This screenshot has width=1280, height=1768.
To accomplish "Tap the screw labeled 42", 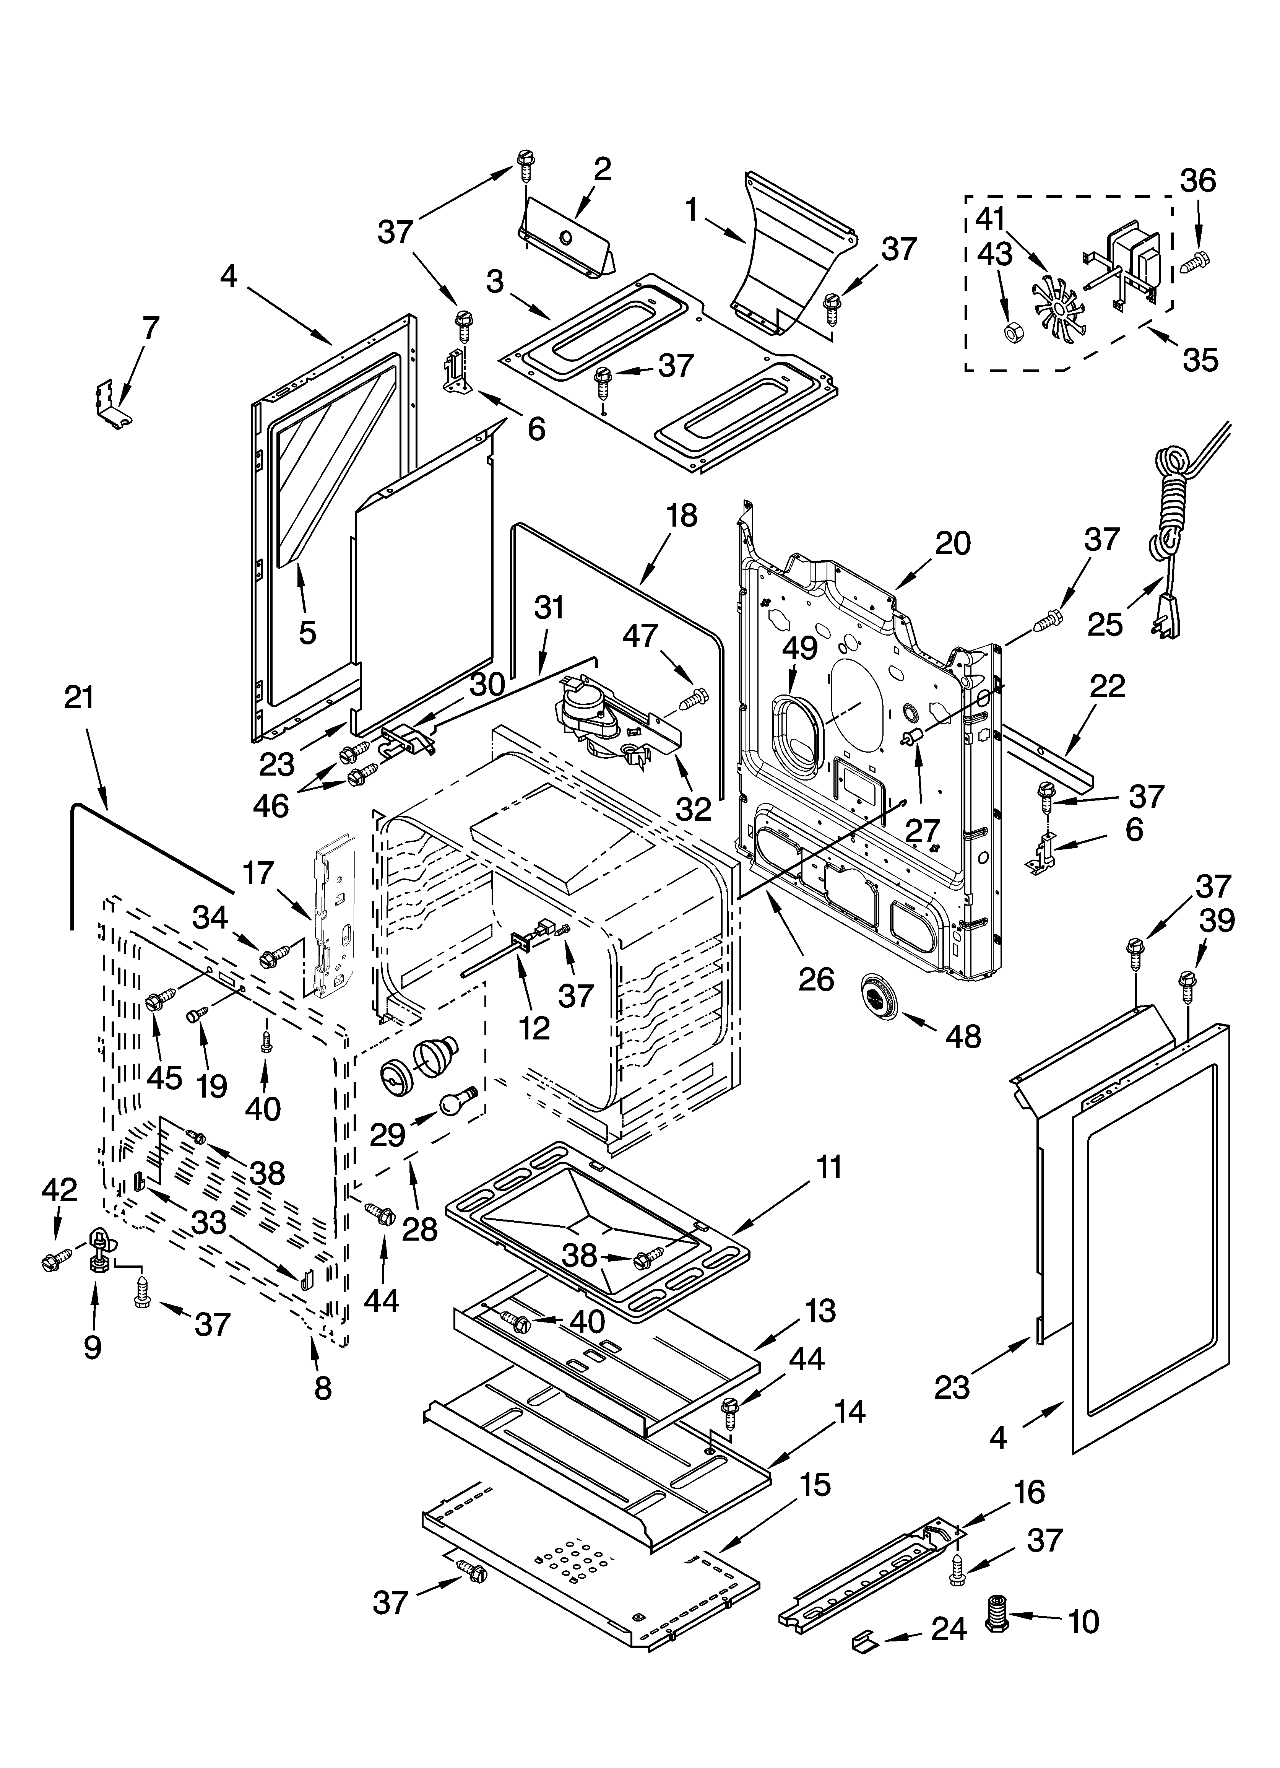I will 57,1258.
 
